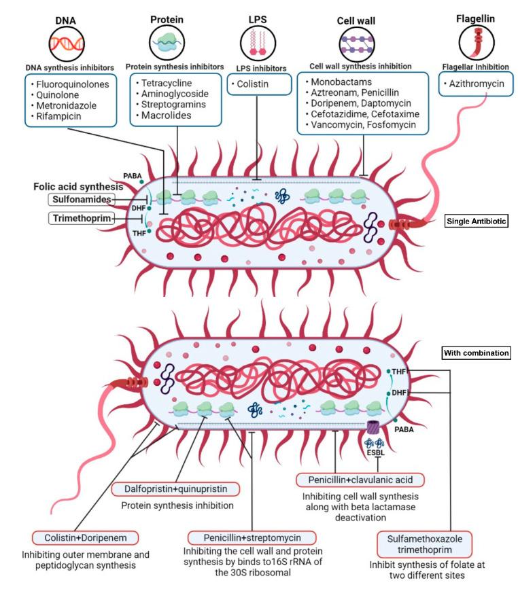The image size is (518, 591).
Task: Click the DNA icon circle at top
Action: (x=65, y=43)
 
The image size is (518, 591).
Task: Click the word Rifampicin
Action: (x=57, y=116)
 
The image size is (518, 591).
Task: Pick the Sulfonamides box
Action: (x=81, y=198)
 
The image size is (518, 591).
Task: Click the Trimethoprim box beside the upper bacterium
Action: (x=81, y=218)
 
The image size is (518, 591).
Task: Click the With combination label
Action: (x=476, y=353)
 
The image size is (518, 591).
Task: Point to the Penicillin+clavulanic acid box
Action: (x=360, y=480)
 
